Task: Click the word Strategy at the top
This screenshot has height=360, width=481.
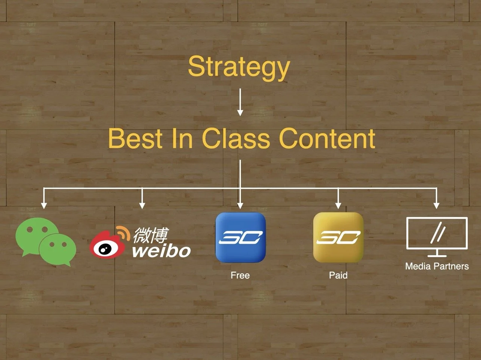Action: click(239, 67)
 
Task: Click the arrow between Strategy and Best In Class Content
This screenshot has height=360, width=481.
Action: click(240, 102)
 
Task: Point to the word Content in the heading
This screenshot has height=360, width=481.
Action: click(327, 138)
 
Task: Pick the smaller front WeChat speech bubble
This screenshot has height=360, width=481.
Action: click(57, 249)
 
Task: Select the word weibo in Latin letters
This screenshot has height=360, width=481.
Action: click(162, 250)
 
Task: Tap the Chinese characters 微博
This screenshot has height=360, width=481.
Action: click(150, 235)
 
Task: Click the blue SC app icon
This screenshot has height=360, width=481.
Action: click(240, 237)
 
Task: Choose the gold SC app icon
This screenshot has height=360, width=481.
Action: click(338, 237)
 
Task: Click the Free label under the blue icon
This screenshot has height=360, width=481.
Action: click(240, 275)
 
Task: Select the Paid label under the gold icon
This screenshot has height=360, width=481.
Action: click(338, 275)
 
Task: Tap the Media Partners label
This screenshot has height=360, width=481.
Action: click(437, 266)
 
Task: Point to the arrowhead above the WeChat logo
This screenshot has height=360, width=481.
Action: click(44, 205)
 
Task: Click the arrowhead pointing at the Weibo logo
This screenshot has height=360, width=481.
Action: click(142, 205)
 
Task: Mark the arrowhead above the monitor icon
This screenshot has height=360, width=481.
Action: click(436, 205)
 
